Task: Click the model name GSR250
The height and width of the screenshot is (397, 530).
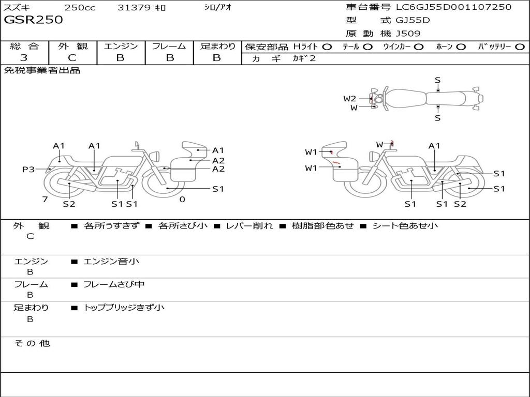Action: point(33,20)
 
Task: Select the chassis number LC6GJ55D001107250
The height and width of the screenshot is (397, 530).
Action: point(453,7)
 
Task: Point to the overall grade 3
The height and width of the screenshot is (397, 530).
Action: point(24,58)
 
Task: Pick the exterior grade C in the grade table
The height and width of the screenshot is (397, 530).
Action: point(72,58)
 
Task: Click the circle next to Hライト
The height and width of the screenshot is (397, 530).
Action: point(327,47)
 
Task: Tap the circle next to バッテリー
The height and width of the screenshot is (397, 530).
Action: point(520,47)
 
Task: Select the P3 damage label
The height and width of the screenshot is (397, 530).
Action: point(28,169)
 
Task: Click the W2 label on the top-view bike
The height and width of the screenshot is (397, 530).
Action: point(350,99)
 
